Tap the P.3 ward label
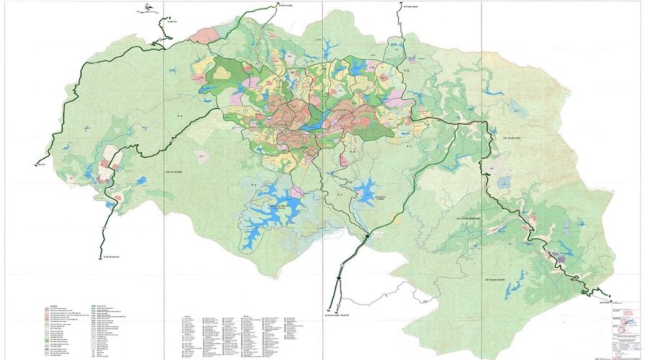click(339, 194)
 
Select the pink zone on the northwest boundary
click(209, 35)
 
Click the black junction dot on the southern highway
click(367, 235)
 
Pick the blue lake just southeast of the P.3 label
click(366, 191)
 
